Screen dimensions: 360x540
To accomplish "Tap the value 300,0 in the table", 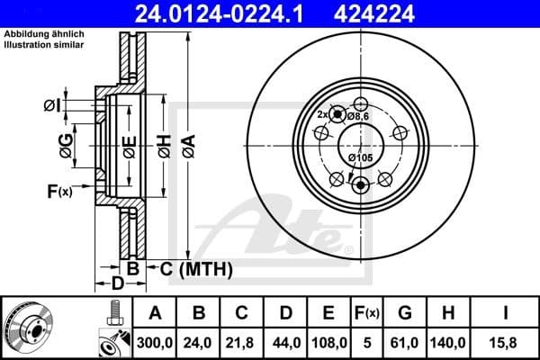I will (x=154, y=342).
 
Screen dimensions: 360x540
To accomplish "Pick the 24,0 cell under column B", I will (x=199, y=342).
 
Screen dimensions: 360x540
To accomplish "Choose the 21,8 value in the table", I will (x=242, y=342).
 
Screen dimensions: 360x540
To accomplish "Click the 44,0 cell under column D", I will (x=285, y=342).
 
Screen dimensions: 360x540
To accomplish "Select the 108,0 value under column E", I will (x=328, y=342).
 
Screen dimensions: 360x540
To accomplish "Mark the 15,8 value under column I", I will (x=507, y=342).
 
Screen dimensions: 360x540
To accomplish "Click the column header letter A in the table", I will (x=154, y=313).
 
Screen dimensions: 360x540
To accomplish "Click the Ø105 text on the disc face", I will (x=361, y=159).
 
